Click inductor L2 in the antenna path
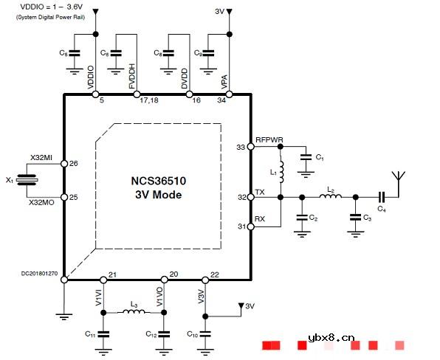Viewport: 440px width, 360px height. click(329, 197)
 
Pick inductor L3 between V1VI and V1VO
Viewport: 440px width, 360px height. click(134, 312)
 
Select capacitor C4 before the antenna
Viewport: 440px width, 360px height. click(382, 198)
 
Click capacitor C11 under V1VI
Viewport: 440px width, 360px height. click(103, 333)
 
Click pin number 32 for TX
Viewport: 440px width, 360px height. click(241, 198)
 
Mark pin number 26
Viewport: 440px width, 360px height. click(73, 163)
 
